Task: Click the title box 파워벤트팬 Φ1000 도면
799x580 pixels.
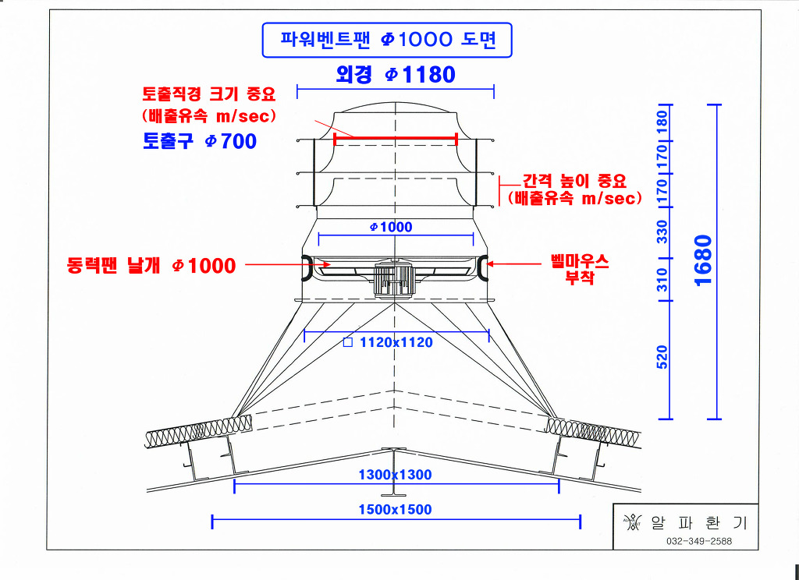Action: coord(387,40)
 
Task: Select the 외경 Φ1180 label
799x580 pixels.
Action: coord(395,75)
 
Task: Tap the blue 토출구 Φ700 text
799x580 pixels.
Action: coord(200,141)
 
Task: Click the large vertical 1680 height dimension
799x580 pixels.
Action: coord(702,260)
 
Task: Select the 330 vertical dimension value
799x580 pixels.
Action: coord(662,232)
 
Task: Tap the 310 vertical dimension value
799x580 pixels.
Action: coord(662,278)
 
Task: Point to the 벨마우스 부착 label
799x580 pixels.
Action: coord(580,269)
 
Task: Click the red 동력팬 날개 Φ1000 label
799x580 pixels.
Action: coord(151,266)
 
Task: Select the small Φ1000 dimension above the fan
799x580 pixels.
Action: coord(391,227)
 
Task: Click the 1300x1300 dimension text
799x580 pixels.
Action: coord(395,475)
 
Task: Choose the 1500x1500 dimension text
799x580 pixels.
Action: coord(395,510)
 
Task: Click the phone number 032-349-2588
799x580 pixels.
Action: coord(699,542)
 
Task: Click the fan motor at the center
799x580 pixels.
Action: coord(394,279)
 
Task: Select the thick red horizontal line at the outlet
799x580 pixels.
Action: coord(395,139)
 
